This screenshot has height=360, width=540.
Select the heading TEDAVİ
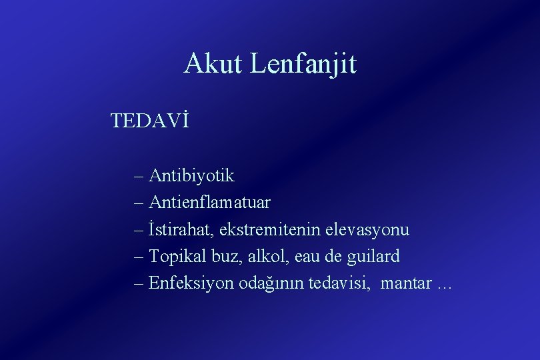pos(150,121)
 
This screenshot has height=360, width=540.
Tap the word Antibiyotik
pos(192,176)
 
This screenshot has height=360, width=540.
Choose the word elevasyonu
pos(367,230)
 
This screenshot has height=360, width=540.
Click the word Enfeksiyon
pos(191,283)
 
